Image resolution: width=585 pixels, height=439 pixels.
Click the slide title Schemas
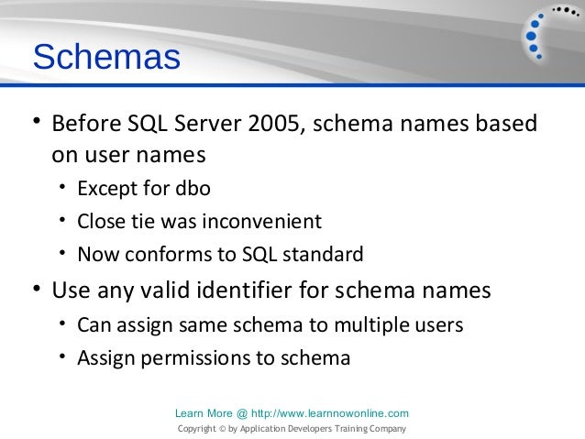pos(105,58)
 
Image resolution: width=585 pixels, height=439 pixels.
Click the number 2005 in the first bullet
pos(272,124)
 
